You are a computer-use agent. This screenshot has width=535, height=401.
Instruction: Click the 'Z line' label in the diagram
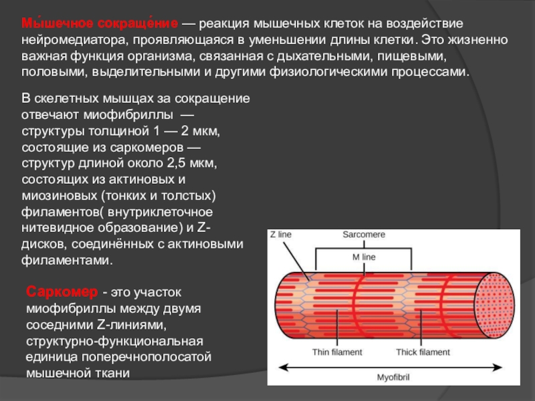click(x=282, y=235)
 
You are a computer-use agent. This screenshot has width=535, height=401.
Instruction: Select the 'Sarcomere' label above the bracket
click(x=364, y=235)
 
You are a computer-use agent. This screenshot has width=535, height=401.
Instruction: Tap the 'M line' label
click(x=364, y=257)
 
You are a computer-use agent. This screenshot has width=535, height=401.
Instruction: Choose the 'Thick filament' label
click(x=423, y=352)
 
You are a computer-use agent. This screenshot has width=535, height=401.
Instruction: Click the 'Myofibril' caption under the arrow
click(x=393, y=378)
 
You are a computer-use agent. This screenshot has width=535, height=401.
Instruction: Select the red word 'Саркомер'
click(x=61, y=292)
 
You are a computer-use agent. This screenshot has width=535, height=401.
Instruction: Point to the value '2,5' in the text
click(x=168, y=162)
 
